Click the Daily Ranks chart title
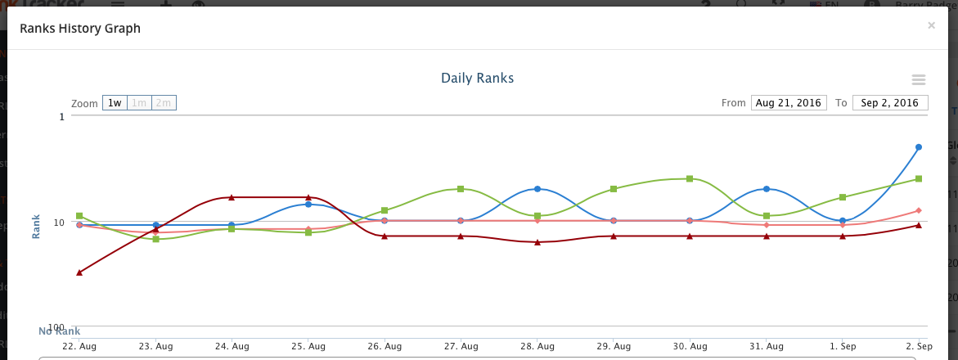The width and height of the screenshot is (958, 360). (x=477, y=79)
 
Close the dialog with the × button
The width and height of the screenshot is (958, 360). (x=931, y=26)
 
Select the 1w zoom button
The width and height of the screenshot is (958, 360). (x=115, y=103)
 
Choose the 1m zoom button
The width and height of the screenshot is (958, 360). (x=139, y=103)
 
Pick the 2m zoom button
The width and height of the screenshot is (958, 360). (x=164, y=103)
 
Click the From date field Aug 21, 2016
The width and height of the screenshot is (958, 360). (x=789, y=103)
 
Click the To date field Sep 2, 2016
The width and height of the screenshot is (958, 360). (x=890, y=103)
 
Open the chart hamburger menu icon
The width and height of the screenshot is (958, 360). (x=919, y=79)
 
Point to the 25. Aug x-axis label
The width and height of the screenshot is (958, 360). (x=308, y=347)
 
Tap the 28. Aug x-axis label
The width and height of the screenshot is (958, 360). (x=537, y=347)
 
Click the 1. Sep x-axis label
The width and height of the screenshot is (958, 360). (x=843, y=347)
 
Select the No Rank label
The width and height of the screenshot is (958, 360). (x=59, y=331)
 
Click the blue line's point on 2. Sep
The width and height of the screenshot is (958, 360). (x=919, y=147)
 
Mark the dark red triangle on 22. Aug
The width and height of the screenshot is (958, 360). (x=79, y=272)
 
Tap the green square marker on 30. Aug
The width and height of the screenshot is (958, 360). (x=690, y=178)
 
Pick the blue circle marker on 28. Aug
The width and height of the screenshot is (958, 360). (x=537, y=189)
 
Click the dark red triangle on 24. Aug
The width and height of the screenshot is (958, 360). (x=232, y=197)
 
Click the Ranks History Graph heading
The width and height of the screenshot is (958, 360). (x=80, y=29)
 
